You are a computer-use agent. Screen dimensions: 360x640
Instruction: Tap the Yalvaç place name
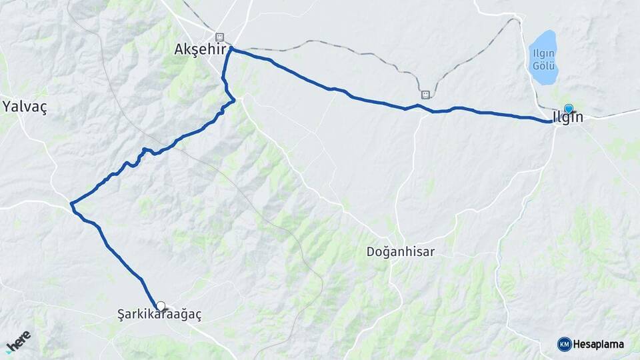25,107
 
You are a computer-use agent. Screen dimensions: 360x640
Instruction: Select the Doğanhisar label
401,252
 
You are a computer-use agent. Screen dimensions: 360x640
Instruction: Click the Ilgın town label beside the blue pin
568,118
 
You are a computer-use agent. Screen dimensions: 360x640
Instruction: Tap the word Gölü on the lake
543,65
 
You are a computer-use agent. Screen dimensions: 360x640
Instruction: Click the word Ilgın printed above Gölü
543,54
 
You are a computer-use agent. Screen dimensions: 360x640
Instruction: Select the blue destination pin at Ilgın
568,109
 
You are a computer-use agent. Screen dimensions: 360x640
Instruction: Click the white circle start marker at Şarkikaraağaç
161,306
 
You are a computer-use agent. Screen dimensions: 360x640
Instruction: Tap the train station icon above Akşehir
219,37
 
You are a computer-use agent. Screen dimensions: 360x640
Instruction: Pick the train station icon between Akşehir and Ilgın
425,94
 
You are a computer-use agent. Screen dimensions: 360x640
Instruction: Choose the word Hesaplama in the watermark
599,344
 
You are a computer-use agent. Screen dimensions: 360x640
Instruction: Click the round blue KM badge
564,344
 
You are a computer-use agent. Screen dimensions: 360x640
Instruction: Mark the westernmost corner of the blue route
71,202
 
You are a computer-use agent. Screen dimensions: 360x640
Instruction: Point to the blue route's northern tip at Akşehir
231,49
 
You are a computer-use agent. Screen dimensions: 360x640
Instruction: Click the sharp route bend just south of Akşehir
234,101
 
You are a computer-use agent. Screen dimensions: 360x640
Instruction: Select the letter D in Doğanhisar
371,252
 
